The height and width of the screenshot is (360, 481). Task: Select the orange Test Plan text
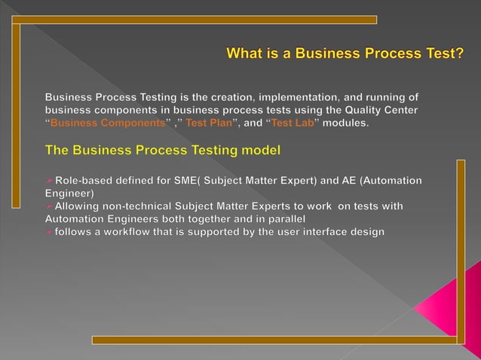click(x=209, y=124)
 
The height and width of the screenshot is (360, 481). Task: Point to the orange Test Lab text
click(x=292, y=124)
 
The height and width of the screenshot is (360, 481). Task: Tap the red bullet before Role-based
click(x=49, y=180)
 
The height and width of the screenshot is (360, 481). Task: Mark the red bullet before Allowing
click(x=49, y=206)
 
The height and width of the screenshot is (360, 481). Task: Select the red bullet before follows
click(x=49, y=231)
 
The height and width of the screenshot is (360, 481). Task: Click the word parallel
click(x=275, y=218)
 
